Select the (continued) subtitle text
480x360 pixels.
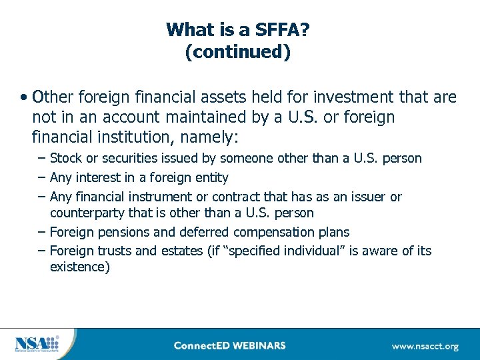(238, 52)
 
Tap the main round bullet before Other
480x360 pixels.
(23, 97)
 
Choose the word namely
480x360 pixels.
(217, 137)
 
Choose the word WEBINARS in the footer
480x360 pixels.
(261, 345)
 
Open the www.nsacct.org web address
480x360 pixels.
(425, 346)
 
